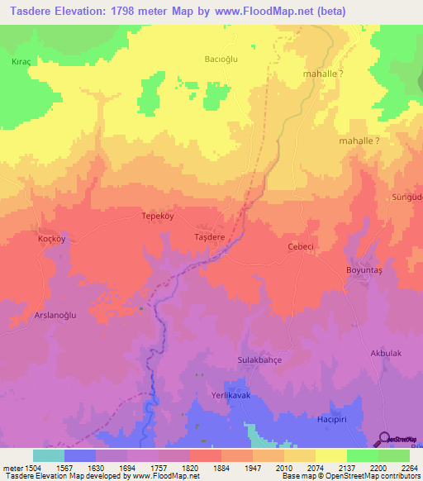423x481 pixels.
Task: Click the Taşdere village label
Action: pos(209,236)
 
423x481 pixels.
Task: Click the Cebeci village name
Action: pos(299,246)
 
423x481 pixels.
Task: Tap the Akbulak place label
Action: pos(386,353)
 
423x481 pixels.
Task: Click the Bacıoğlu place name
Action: pos(221,59)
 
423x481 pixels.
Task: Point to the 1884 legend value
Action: pos(220,468)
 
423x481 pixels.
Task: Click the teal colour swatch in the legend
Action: pos(49,455)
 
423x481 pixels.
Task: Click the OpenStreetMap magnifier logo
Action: pos(385,440)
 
